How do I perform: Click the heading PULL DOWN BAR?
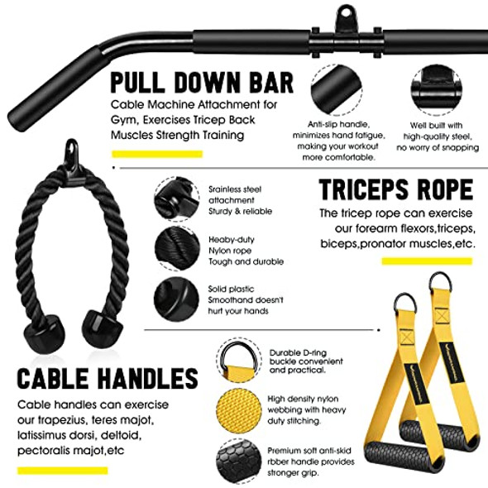point(202,84)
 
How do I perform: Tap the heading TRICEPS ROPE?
point(396,190)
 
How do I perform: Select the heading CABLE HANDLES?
point(108,380)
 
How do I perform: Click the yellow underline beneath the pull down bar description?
point(157,154)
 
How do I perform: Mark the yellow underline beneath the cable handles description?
point(63,470)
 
